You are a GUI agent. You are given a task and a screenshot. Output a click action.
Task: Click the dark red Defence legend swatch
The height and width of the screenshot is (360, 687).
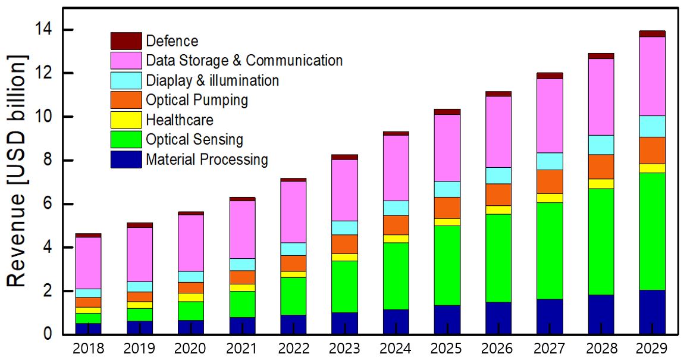126,41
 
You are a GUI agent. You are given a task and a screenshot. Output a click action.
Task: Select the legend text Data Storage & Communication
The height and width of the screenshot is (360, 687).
244,61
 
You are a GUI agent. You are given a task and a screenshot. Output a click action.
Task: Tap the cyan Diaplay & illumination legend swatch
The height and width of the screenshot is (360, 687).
126,80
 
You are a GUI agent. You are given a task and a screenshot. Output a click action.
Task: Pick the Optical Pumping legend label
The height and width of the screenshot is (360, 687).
197,100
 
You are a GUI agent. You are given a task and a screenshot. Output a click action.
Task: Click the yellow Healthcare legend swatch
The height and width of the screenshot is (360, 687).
126,120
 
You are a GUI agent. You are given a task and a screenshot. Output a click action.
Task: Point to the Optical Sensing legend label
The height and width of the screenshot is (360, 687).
195,140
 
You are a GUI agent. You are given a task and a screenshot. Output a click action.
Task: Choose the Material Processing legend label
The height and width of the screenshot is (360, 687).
207,159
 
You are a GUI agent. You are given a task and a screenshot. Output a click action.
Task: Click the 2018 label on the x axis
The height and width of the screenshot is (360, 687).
88,348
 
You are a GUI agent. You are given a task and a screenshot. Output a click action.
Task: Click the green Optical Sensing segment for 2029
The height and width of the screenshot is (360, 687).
653,231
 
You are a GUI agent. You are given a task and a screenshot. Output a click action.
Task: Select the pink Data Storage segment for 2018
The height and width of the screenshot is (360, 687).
88,262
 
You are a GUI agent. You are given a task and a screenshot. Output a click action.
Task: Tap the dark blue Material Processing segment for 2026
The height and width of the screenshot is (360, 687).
498,318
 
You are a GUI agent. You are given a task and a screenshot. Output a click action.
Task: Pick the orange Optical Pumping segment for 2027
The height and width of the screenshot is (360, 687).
550,181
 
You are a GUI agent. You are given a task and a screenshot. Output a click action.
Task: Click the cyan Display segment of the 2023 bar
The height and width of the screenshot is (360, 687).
344,227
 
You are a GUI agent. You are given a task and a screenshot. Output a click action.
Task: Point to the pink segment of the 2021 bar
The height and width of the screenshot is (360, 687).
242,229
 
